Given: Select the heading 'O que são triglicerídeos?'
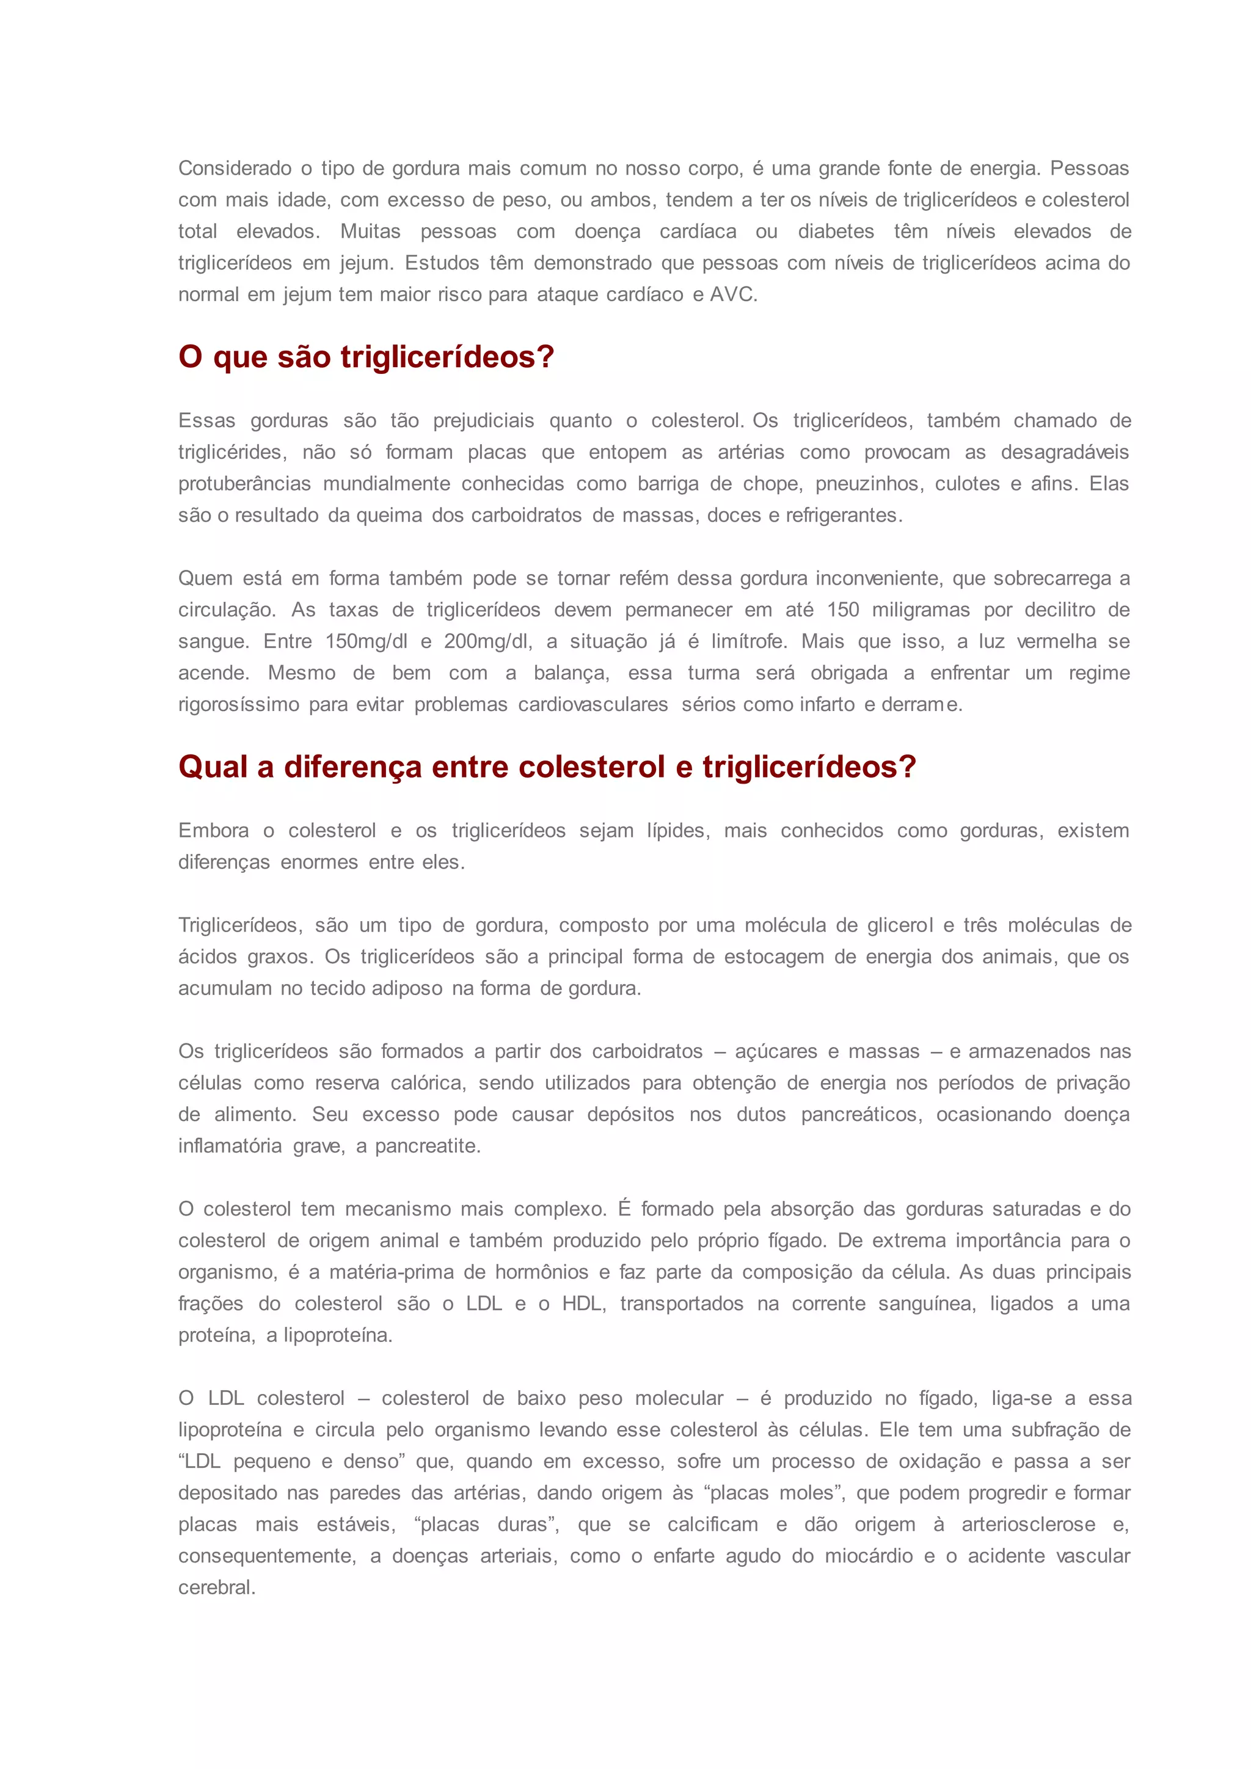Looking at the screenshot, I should [x=366, y=357].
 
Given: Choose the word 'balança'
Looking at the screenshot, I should [x=571, y=673].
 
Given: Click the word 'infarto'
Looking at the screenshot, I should [x=826, y=705].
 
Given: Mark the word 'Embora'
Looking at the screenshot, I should [x=213, y=831].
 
